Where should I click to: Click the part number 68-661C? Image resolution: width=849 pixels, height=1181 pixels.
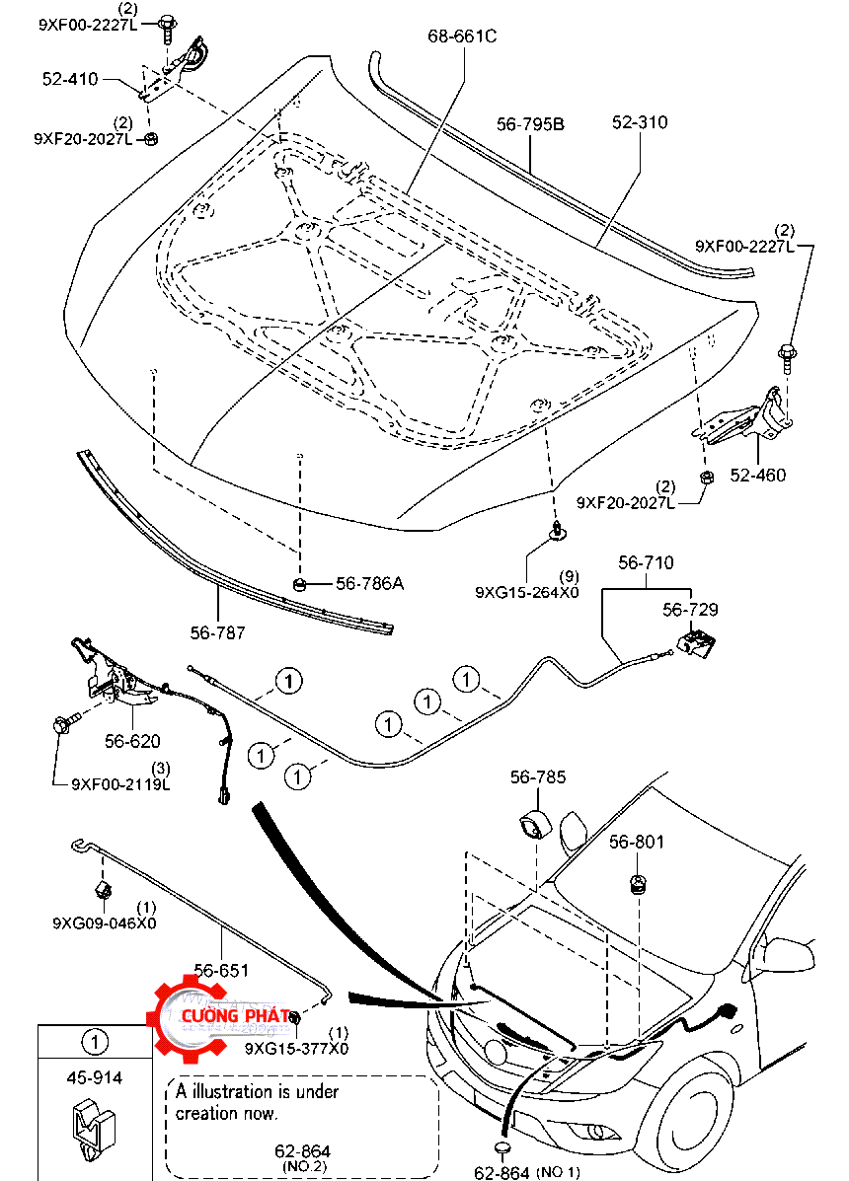pyautogui.click(x=462, y=37)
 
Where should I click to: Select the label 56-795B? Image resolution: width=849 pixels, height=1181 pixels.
pyautogui.click(x=530, y=124)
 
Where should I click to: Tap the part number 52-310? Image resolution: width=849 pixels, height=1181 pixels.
pyautogui.click(x=639, y=122)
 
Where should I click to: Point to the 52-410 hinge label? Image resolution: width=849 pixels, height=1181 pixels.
pyautogui.click(x=70, y=78)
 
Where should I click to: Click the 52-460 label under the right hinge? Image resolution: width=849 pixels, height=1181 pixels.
pyautogui.click(x=758, y=476)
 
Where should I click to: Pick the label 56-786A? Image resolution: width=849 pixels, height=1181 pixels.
pyautogui.click(x=369, y=583)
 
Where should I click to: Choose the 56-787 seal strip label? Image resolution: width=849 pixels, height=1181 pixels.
pyautogui.click(x=217, y=632)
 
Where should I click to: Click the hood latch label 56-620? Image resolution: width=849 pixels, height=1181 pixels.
pyautogui.click(x=132, y=741)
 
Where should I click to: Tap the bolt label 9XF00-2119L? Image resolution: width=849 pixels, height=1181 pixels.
pyautogui.click(x=120, y=785)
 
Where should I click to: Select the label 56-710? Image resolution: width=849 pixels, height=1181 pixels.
pyautogui.click(x=646, y=563)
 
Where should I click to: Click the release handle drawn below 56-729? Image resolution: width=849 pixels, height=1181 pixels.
pyautogui.click(x=697, y=643)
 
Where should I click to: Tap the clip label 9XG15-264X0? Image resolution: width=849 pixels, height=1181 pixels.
pyautogui.click(x=526, y=592)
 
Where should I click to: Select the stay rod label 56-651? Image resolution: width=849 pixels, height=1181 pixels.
pyautogui.click(x=221, y=970)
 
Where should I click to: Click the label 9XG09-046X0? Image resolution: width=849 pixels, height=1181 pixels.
pyautogui.click(x=104, y=923)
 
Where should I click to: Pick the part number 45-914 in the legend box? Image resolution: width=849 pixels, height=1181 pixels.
pyautogui.click(x=94, y=1078)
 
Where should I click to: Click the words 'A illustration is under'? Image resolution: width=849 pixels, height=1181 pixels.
pyautogui.click(x=257, y=1091)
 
